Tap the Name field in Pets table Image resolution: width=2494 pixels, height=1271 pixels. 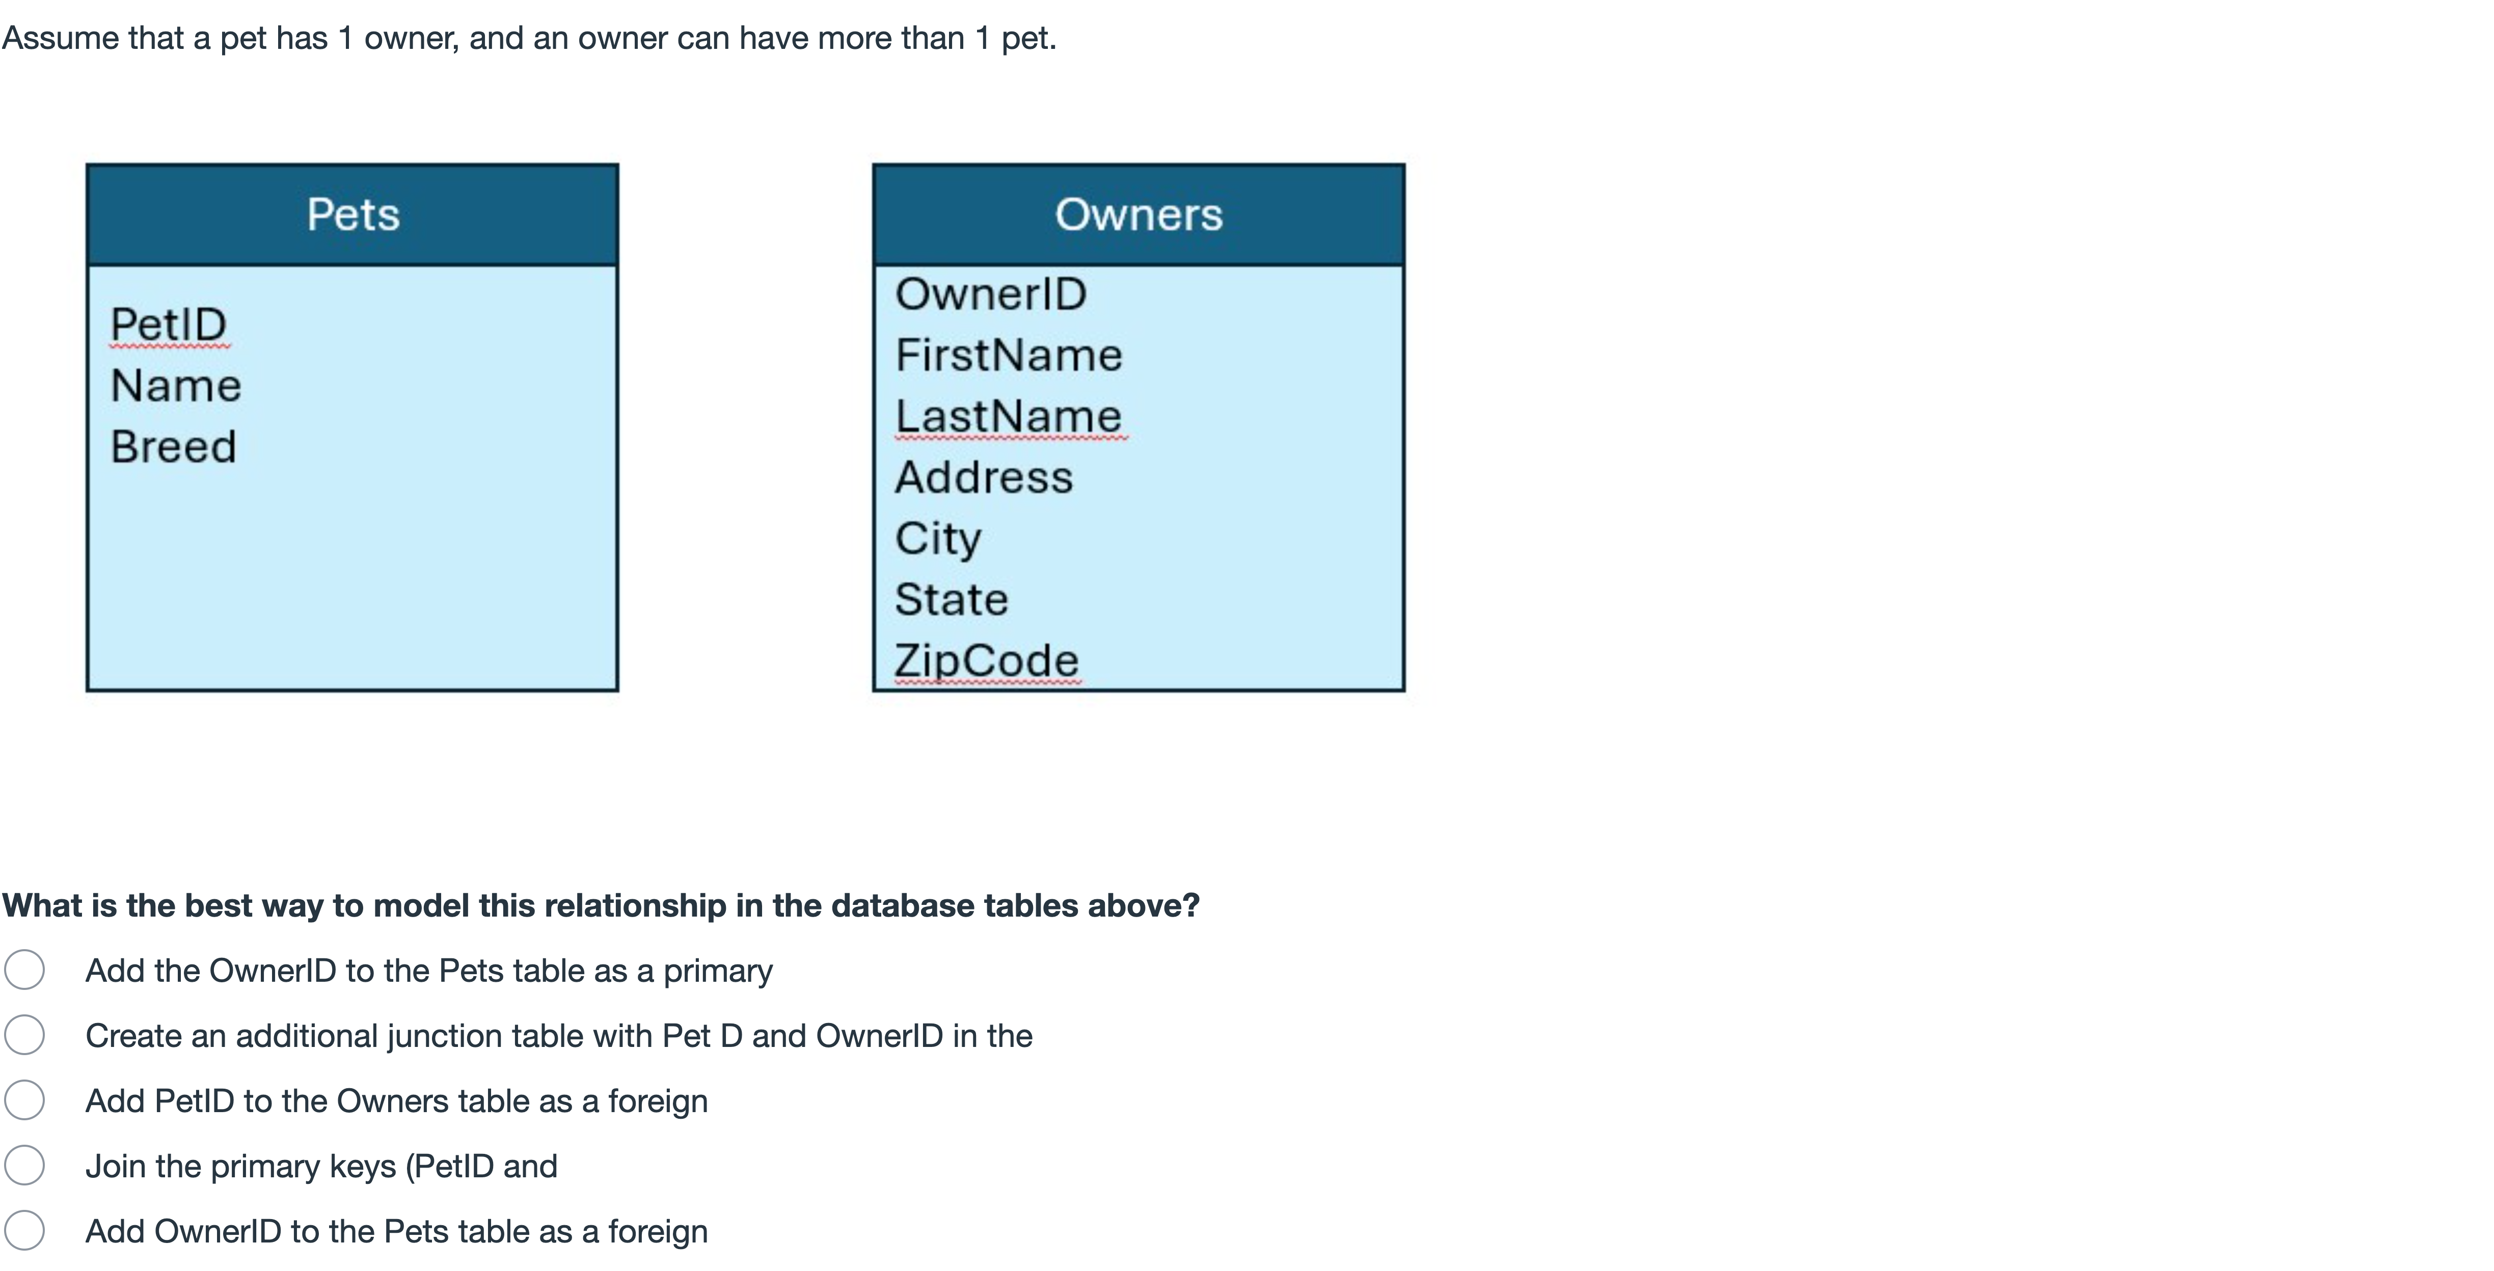pyautogui.click(x=175, y=385)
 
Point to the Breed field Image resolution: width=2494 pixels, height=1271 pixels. pyautogui.click(x=173, y=446)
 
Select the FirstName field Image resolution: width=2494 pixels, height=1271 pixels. pyautogui.click(x=1009, y=354)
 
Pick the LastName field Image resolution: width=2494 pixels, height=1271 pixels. pyautogui.click(x=1009, y=416)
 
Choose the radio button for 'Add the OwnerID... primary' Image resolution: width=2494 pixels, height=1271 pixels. pyautogui.click(x=24, y=970)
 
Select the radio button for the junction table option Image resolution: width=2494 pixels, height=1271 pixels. pyautogui.click(x=24, y=1035)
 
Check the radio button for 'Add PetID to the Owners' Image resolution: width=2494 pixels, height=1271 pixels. pyautogui.click(x=24, y=1100)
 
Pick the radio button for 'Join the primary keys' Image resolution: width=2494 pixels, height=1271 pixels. pyautogui.click(x=24, y=1166)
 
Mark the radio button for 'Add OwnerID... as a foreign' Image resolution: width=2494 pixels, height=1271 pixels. pyautogui.click(x=24, y=1230)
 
